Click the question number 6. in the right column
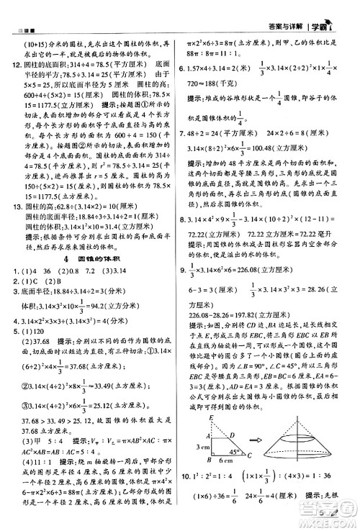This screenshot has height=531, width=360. pos(186,66)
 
